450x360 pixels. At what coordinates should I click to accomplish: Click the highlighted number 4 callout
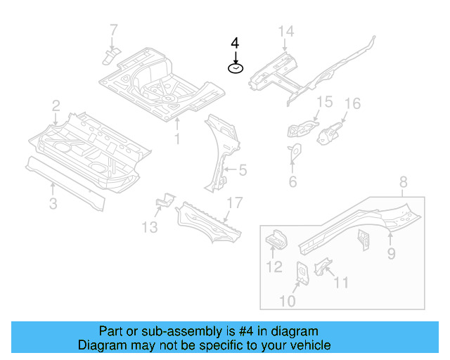(x=235, y=42)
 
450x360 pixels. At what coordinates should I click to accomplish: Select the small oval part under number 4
(x=235, y=67)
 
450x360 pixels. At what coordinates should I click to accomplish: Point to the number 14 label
(x=285, y=31)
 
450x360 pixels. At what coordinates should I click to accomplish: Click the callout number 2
(x=56, y=105)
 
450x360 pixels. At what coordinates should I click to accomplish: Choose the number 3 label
(x=53, y=204)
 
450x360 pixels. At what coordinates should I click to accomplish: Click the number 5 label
(x=243, y=169)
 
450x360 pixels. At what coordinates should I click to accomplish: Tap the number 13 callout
(x=148, y=226)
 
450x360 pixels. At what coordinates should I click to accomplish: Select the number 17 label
(x=233, y=202)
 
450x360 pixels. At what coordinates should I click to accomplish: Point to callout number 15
(x=323, y=103)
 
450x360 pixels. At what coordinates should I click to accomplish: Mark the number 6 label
(x=292, y=182)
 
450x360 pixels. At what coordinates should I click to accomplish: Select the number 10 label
(x=288, y=301)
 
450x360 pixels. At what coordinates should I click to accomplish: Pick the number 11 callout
(x=340, y=283)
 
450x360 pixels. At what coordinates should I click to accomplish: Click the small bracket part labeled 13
(x=164, y=202)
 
